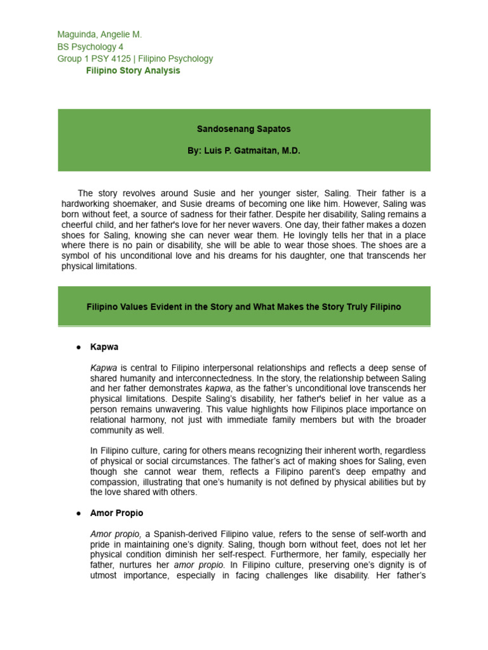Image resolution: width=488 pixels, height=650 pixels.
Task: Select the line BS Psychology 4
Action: tap(90, 46)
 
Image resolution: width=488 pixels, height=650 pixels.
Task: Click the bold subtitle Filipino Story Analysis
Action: tap(133, 70)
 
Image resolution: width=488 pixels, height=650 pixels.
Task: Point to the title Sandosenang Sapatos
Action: tap(243, 129)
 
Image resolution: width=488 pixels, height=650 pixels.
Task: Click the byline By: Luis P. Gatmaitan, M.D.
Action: tap(243, 151)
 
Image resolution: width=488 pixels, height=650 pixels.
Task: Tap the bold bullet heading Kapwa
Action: tap(104, 347)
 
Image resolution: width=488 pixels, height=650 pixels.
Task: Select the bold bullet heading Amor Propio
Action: tap(117, 513)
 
